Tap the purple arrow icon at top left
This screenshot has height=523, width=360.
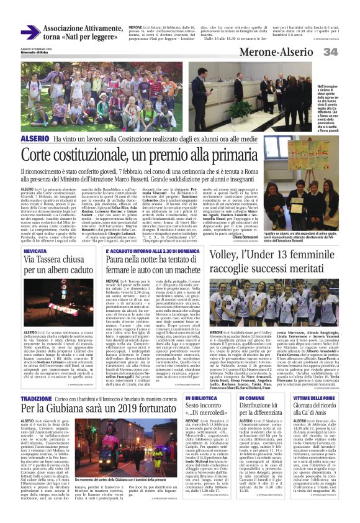click(x=30, y=32)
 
